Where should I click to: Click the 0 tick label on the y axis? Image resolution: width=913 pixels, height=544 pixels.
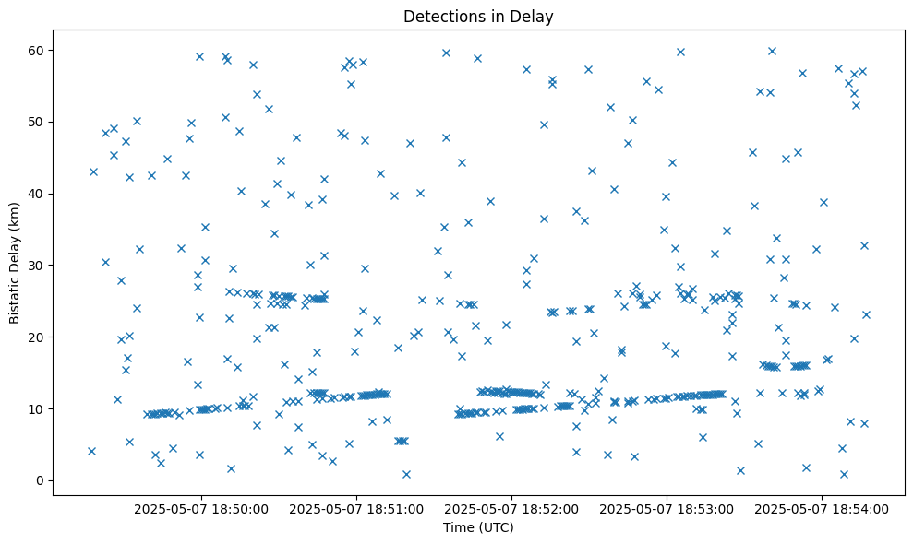[x=41, y=480]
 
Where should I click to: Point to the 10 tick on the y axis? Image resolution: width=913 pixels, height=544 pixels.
[x=38, y=408]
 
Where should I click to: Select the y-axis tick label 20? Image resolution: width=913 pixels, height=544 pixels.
[x=38, y=337]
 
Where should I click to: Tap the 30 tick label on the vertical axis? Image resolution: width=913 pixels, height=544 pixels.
[x=38, y=266]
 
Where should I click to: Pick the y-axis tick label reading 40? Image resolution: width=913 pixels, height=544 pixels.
[x=38, y=194]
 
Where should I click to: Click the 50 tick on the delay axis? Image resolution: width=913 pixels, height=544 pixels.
[x=38, y=122]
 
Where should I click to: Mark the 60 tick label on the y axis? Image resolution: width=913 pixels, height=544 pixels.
[x=38, y=50]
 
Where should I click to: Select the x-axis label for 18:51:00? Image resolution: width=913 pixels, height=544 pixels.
[x=356, y=508]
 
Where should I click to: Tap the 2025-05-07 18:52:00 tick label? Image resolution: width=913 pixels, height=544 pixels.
[x=511, y=508]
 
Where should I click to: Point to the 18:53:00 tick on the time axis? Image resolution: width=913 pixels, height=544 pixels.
[x=667, y=508]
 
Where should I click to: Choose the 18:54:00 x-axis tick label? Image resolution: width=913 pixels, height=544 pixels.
[x=822, y=508]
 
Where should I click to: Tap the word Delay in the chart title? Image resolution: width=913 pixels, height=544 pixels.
[x=533, y=17]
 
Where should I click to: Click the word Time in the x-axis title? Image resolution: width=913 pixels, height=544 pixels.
[x=458, y=527]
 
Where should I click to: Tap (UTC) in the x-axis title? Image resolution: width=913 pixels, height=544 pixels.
[x=496, y=527]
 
